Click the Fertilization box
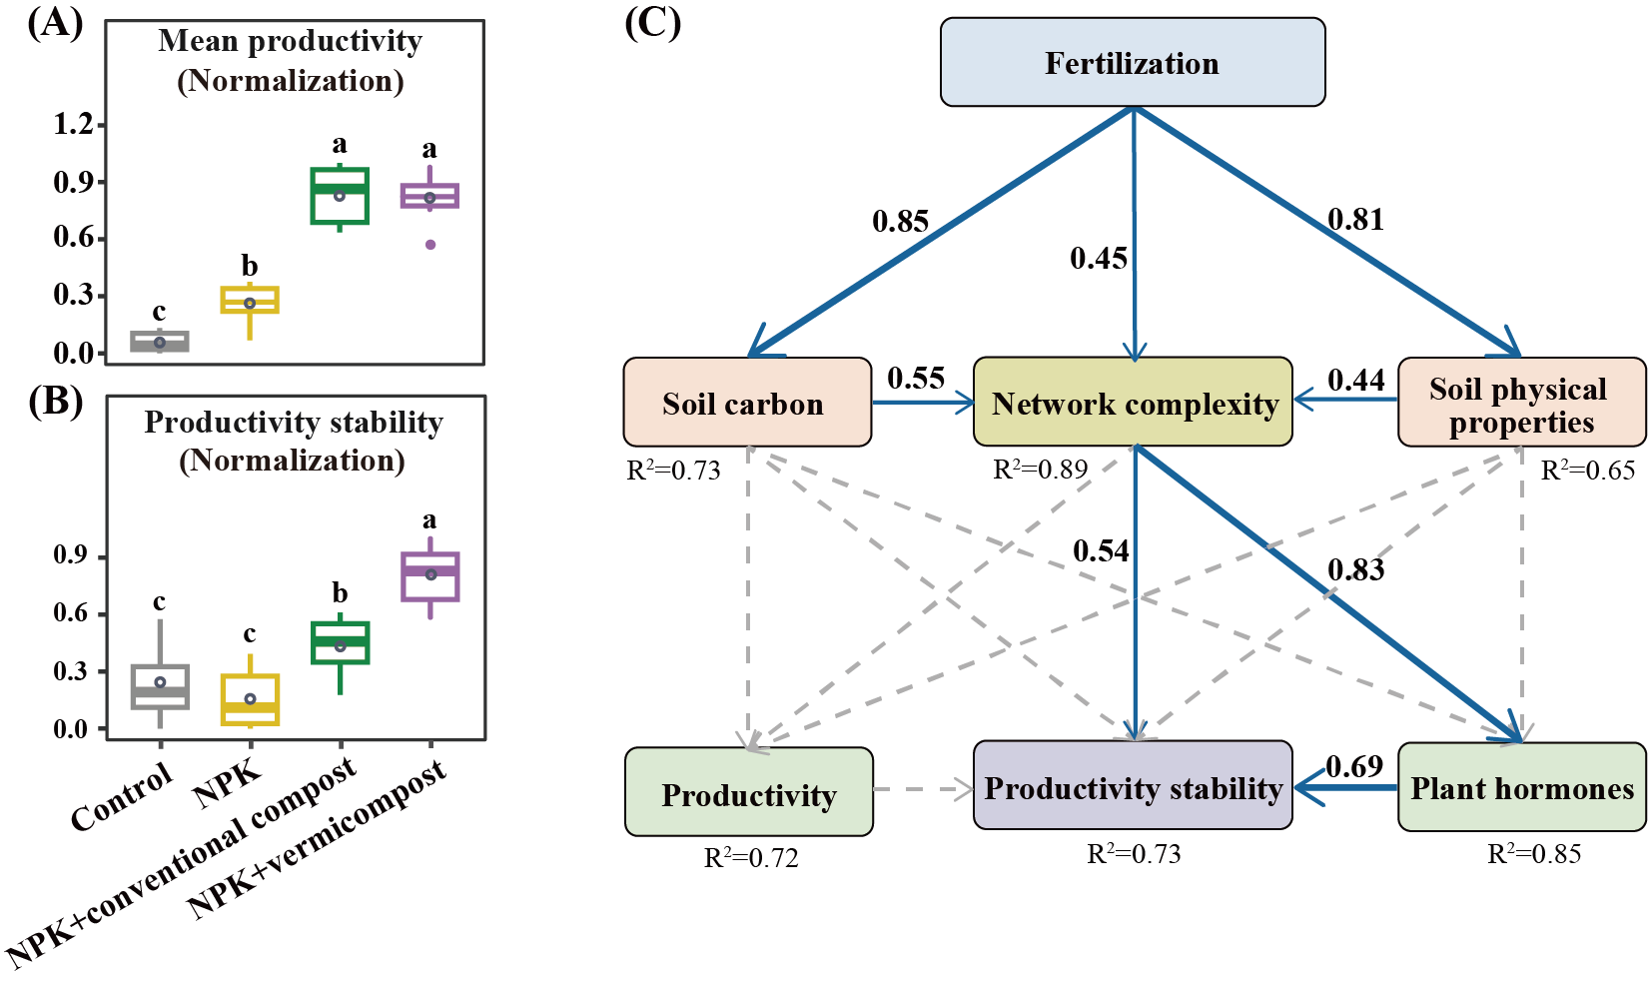coord(1133,63)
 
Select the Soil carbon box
coord(747,403)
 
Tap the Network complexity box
coord(1133,403)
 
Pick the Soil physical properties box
coord(1521,403)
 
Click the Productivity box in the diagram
coord(748,792)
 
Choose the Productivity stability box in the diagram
coord(1133,786)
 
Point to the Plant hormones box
coord(1521,787)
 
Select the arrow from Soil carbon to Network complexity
coord(923,403)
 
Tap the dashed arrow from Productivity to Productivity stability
coord(923,790)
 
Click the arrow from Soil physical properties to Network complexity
coord(1346,400)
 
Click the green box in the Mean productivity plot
coord(340,196)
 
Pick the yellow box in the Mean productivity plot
coord(250,300)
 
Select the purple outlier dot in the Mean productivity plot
coord(430,244)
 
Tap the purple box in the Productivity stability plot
coord(430,576)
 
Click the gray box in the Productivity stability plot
coord(160,686)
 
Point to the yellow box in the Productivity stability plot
coord(250,699)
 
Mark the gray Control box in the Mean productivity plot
coord(160,342)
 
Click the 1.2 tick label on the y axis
coord(74,126)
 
